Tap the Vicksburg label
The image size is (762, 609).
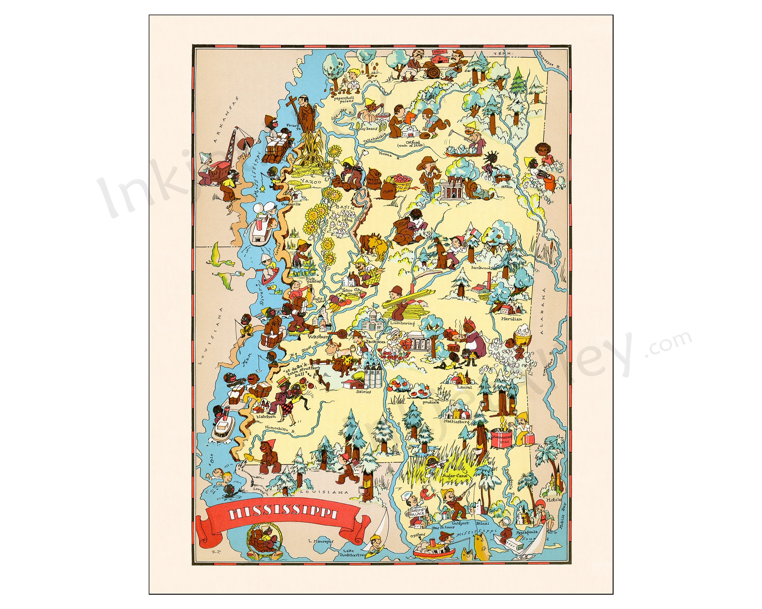pyautogui.click(x=317, y=337)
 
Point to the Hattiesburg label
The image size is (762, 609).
pyautogui.click(x=457, y=421)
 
